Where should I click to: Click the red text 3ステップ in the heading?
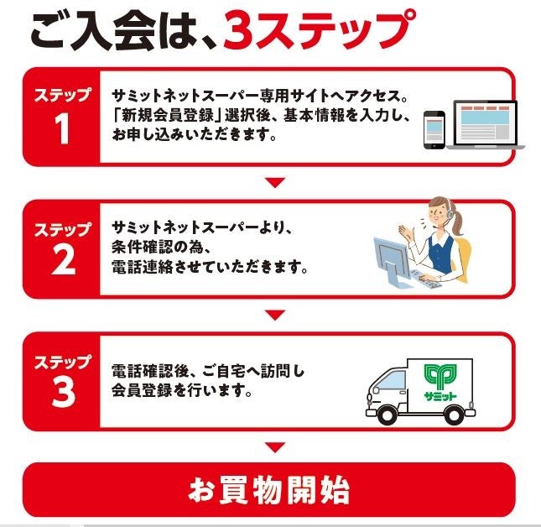click(x=319, y=30)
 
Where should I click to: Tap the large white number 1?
click(x=62, y=128)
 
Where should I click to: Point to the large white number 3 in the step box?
click(x=63, y=392)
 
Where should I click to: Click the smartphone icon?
click(x=434, y=130)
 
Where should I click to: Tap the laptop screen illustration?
click(x=485, y=123)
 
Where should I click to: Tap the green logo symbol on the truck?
click(x=440, y=377)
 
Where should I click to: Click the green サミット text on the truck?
click(x=440, y=397)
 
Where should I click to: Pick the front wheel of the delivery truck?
click(x=387, y=415)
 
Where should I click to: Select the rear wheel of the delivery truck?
click(x=454, y=415)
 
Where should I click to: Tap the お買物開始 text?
click(x=268, y=490)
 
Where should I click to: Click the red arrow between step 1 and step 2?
click(x=275, y=183)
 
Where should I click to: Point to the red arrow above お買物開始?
click(x=275, y=447)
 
